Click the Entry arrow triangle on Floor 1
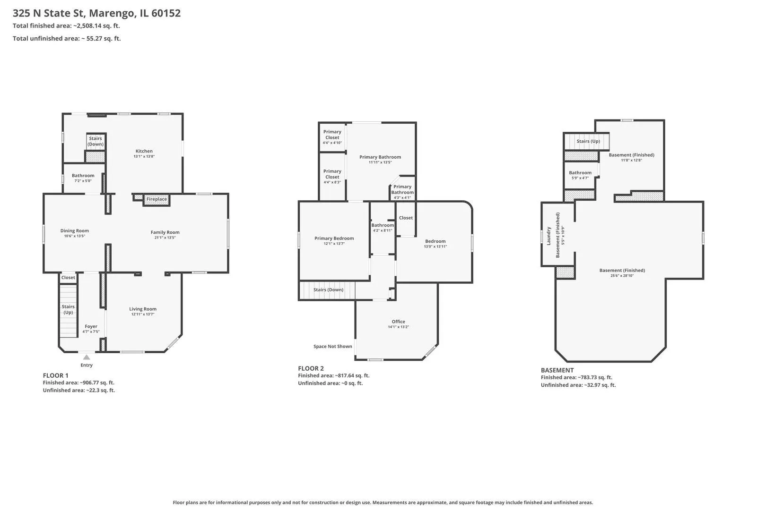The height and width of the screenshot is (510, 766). point(87,357)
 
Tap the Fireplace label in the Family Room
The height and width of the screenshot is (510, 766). point(157,199)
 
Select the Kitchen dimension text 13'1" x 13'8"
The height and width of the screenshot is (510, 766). point(144,156)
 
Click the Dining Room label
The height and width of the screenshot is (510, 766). point(75,230)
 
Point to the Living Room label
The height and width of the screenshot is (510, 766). point(143,309)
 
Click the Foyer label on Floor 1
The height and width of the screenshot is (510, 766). point(91,326)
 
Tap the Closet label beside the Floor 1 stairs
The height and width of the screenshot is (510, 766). point(68,277)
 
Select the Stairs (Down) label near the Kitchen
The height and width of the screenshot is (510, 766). point(96,141)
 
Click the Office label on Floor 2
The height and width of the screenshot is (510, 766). point(399,322)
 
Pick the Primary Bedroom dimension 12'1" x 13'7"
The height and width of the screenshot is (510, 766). point(334,244)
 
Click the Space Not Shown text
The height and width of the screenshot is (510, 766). point(333,347)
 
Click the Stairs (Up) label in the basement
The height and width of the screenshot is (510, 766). point(588,141)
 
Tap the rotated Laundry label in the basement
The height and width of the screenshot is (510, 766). point(548,236)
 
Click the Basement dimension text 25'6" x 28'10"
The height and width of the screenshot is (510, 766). point(622,276)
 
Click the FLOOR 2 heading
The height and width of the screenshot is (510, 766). point(311,368)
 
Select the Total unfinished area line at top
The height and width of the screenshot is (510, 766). point(67,38)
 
